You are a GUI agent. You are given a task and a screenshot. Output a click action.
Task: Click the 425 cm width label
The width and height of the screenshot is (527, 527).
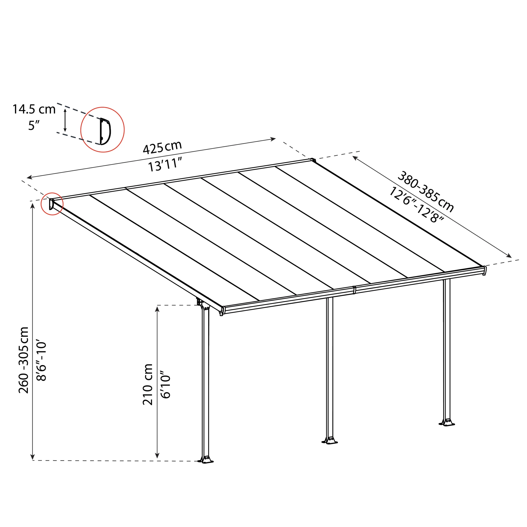coord(162,148)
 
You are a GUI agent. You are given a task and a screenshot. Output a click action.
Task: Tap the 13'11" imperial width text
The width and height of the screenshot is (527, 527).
coord(164,165)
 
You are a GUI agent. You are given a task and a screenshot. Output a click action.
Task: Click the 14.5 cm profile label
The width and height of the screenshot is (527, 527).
coord(34,109)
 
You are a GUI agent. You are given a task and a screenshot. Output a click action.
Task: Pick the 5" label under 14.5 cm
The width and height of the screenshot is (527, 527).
coord(34,126)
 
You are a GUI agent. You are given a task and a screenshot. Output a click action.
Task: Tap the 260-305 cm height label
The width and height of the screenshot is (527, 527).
coord(24,360)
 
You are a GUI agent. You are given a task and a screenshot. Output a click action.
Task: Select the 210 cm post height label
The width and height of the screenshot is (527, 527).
coord(148,384)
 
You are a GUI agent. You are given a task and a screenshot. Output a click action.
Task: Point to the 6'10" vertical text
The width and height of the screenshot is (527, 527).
coord(165,384)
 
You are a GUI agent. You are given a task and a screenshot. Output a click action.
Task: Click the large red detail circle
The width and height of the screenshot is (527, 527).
coord(103,129)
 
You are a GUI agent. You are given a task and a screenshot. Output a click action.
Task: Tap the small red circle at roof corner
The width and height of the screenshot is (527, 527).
coord(52,203)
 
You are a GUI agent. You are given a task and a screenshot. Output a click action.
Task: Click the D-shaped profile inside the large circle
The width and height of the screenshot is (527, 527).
coord(105,131)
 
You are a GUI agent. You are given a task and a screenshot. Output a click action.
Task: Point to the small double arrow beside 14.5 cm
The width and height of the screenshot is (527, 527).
coord(65,120)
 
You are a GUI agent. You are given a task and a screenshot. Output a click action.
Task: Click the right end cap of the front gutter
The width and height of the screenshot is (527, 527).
coord(484,270)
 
